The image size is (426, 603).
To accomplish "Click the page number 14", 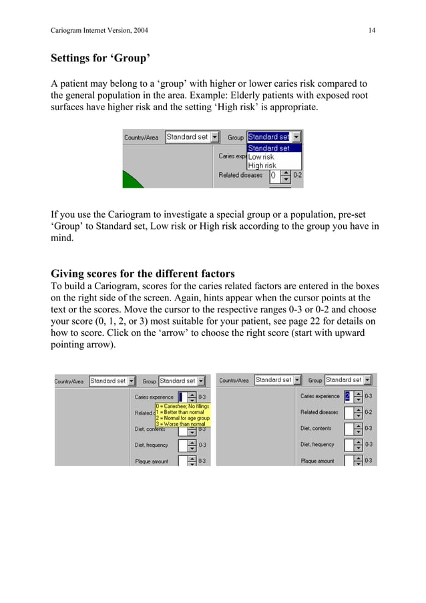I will [x=371, y=30].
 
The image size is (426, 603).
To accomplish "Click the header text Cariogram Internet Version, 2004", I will [x=99, y=30].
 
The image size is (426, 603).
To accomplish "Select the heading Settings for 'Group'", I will [x=100, y=58].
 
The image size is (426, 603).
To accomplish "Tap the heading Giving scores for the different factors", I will [x=143, y=273].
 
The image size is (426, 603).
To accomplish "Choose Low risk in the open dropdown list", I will [x=261, y=157].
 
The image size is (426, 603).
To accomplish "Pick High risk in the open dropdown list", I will [x=262, y=166].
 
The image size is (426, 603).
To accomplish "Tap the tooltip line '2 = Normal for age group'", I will [x=183, y=418].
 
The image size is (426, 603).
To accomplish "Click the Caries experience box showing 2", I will [x=348, y=396].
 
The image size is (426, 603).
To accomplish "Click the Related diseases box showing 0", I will [x=274, y=176].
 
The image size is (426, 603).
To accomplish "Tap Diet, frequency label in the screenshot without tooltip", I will [x=317, y=444].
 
